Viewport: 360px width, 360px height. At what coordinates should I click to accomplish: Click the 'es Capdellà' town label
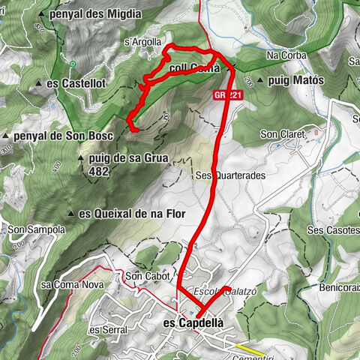coord(193,323)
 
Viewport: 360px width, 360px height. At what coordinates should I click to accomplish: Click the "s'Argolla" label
coord(142,43)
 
